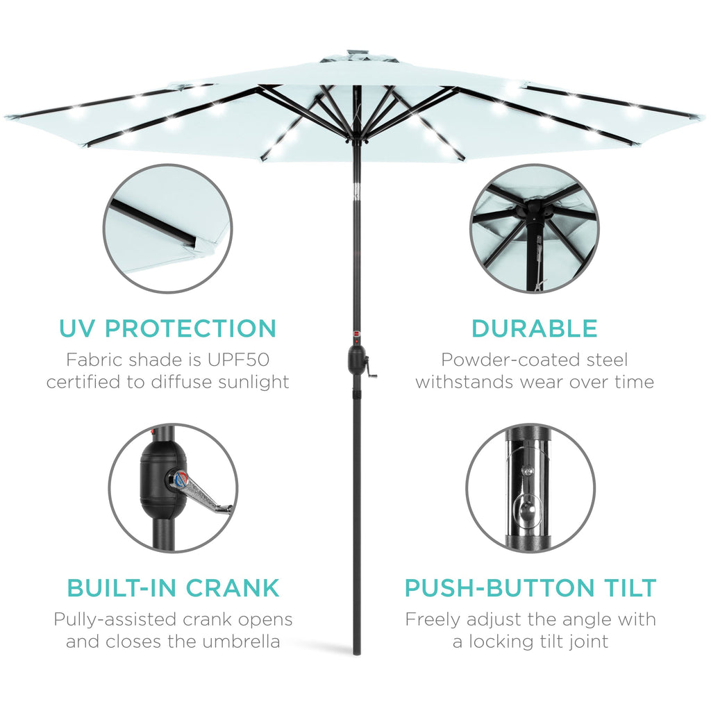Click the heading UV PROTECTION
(168, 328)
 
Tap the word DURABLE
(534, 328)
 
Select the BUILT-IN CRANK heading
(173, 588)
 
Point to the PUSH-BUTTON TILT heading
(530, 588)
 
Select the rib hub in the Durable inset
(533, 208)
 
